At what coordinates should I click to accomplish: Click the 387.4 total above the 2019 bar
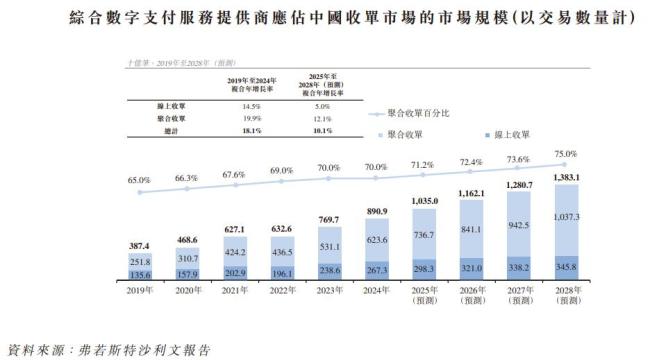pos(139,245)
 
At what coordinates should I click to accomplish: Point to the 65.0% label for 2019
pos(139,179)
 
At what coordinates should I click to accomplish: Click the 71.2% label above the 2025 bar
pos(423,164)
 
